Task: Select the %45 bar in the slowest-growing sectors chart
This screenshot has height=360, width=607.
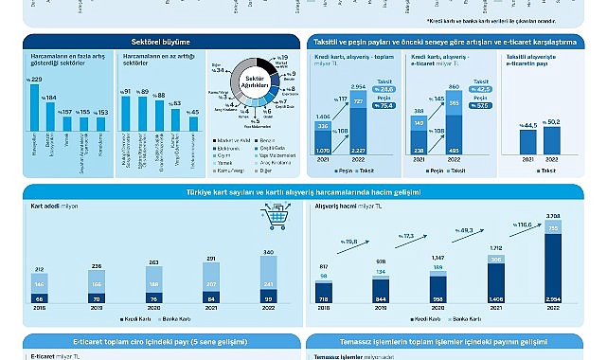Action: (x=194, y=127)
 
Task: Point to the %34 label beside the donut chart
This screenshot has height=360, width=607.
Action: (x=218, y=70)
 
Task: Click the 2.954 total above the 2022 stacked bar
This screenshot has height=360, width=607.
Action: (x=358, y=86)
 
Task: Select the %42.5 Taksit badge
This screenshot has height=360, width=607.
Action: (x=480, y=90)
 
